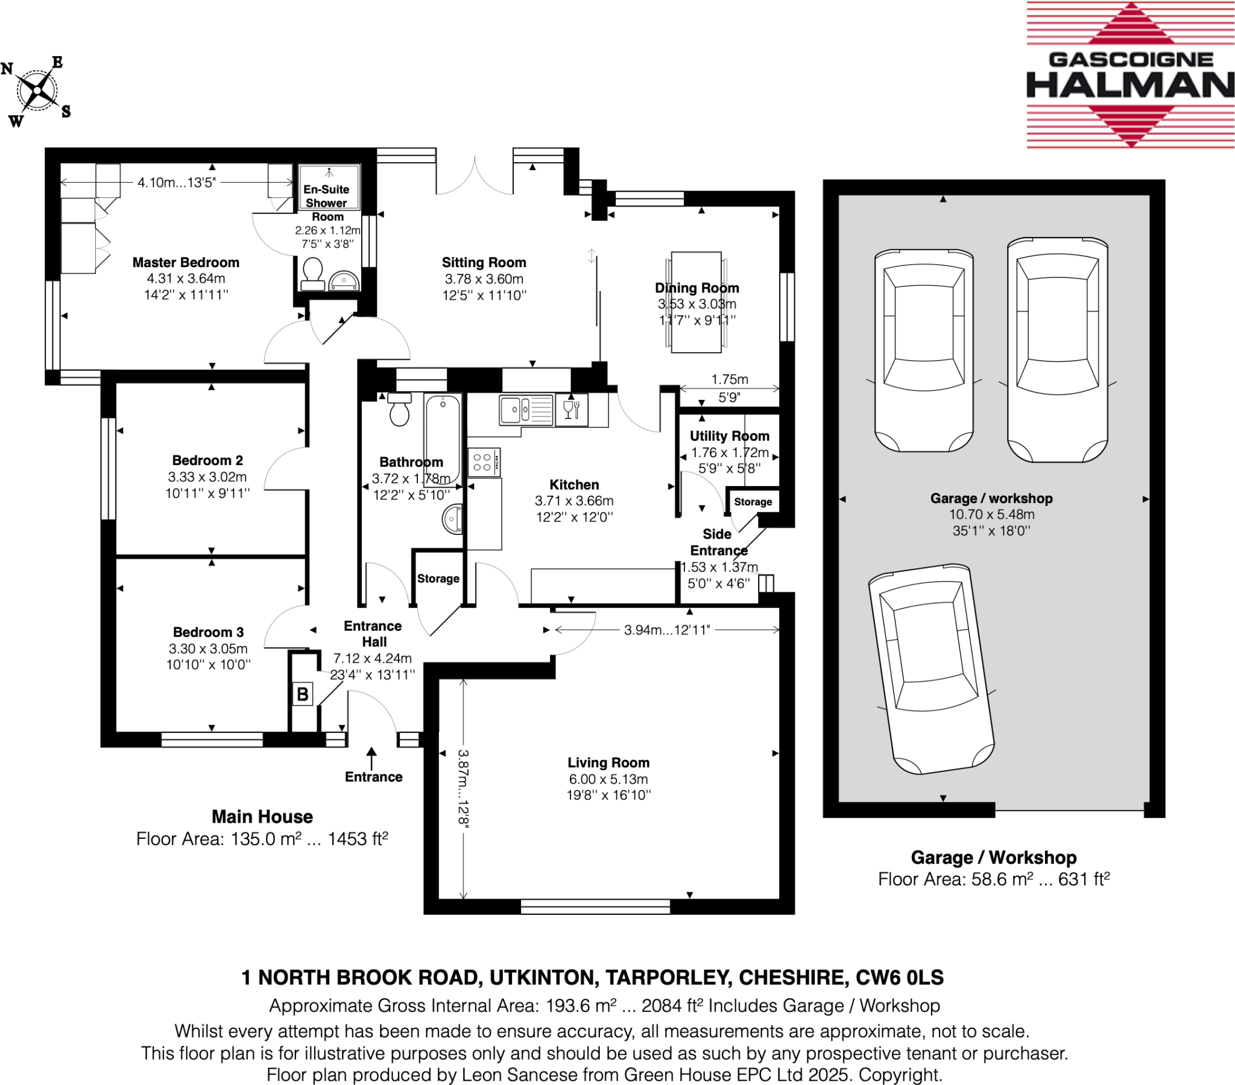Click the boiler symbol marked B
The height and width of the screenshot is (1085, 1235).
(x=302, y=694)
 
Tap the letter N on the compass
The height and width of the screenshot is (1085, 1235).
(x=7, y=68)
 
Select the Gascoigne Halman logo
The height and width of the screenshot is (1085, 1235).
(x=1130, y=75)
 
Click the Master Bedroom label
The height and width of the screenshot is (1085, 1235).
(x=186, y=262)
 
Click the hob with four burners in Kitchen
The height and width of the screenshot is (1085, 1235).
(x=483, y=463)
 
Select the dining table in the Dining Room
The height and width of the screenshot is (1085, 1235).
(x=696, y=302)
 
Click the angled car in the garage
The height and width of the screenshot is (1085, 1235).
(x=930, y=669)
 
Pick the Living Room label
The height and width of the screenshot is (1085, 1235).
(x=608, y=763)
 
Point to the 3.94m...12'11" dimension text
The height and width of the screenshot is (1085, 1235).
(x=666, y=630)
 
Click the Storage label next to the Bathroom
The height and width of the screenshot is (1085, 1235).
(x=438, y=578)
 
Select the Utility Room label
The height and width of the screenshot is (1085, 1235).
(x=729, y=436)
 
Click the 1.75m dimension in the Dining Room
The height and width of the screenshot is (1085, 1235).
(x=729, y=379)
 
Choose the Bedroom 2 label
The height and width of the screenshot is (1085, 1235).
(x=207, y=461)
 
